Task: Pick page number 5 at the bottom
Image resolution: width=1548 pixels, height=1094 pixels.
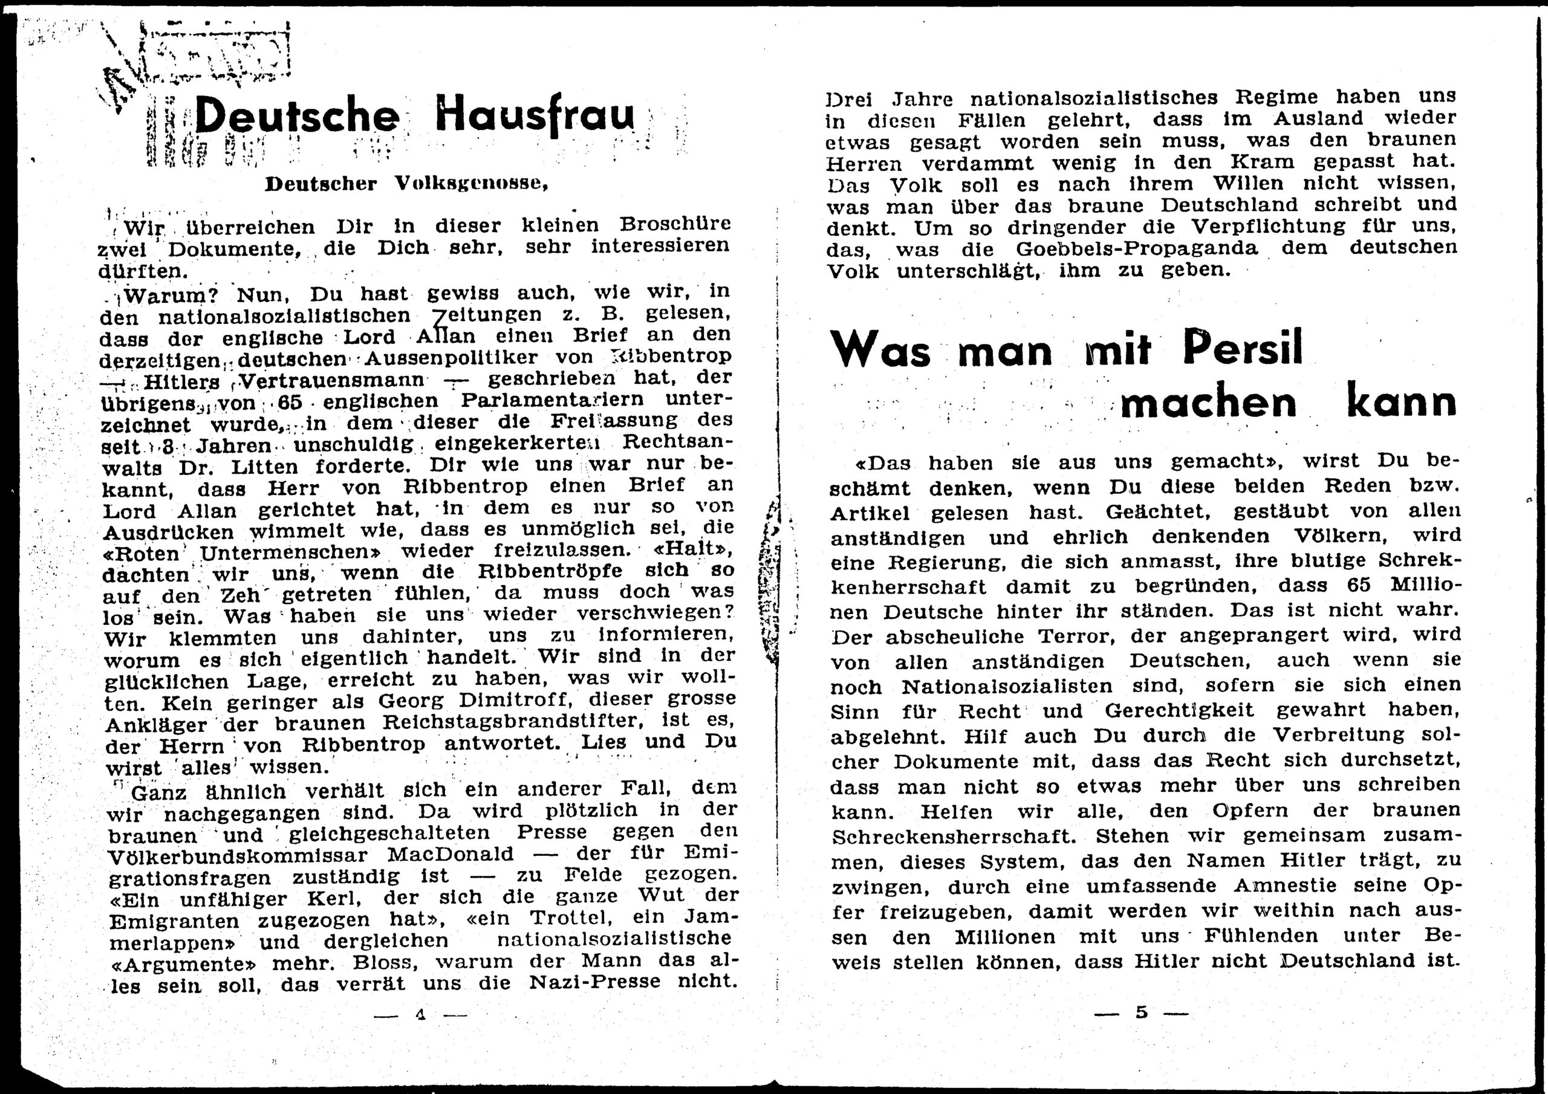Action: click(x=1142, y=1012)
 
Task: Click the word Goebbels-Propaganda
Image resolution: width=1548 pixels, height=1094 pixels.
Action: click(x=1137, y=249)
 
